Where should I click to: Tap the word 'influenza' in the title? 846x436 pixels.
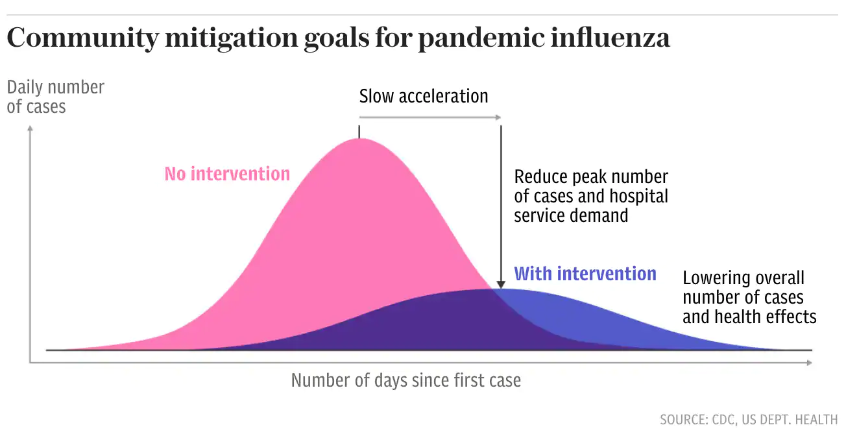[x=610, y=38]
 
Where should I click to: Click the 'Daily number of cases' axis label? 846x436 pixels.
[x=55, y=97]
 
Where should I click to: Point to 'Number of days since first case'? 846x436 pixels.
[x=405, y=380]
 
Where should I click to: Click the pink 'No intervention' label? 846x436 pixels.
[x=227, y=174]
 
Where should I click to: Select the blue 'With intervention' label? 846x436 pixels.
[x=585, y=274]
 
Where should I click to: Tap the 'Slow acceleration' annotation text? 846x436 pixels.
[x=424, y=97]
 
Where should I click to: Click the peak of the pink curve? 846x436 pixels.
[x=359, y=139]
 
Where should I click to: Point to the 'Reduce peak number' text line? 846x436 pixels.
[x=591, y=176]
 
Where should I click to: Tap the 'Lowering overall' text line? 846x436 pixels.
[x=743, y=278]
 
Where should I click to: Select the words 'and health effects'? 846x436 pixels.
[x=749, y=317]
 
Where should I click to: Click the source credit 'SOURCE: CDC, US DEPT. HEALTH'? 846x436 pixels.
[x=749, y=420]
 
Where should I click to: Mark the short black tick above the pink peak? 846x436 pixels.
[x=359, y=132]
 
